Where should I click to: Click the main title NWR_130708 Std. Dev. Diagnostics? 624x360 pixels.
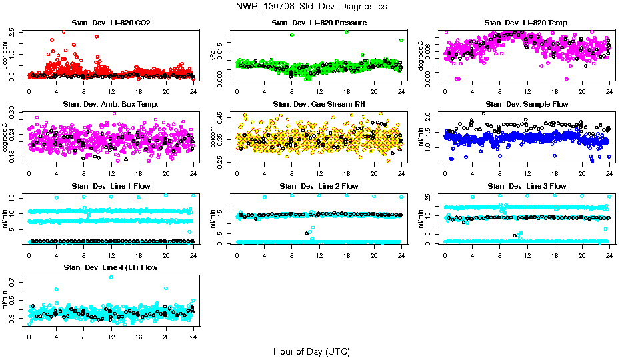311,7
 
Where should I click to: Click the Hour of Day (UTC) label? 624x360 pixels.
311,351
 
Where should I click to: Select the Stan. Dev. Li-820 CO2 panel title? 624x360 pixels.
111,23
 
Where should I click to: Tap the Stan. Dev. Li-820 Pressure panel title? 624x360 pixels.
319,23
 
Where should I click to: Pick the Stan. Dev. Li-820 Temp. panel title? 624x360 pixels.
527,23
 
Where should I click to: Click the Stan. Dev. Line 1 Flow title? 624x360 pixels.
111,186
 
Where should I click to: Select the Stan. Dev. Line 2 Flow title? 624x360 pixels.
319,186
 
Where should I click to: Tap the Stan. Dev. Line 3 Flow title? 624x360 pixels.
527,186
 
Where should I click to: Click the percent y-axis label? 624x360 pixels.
213,137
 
